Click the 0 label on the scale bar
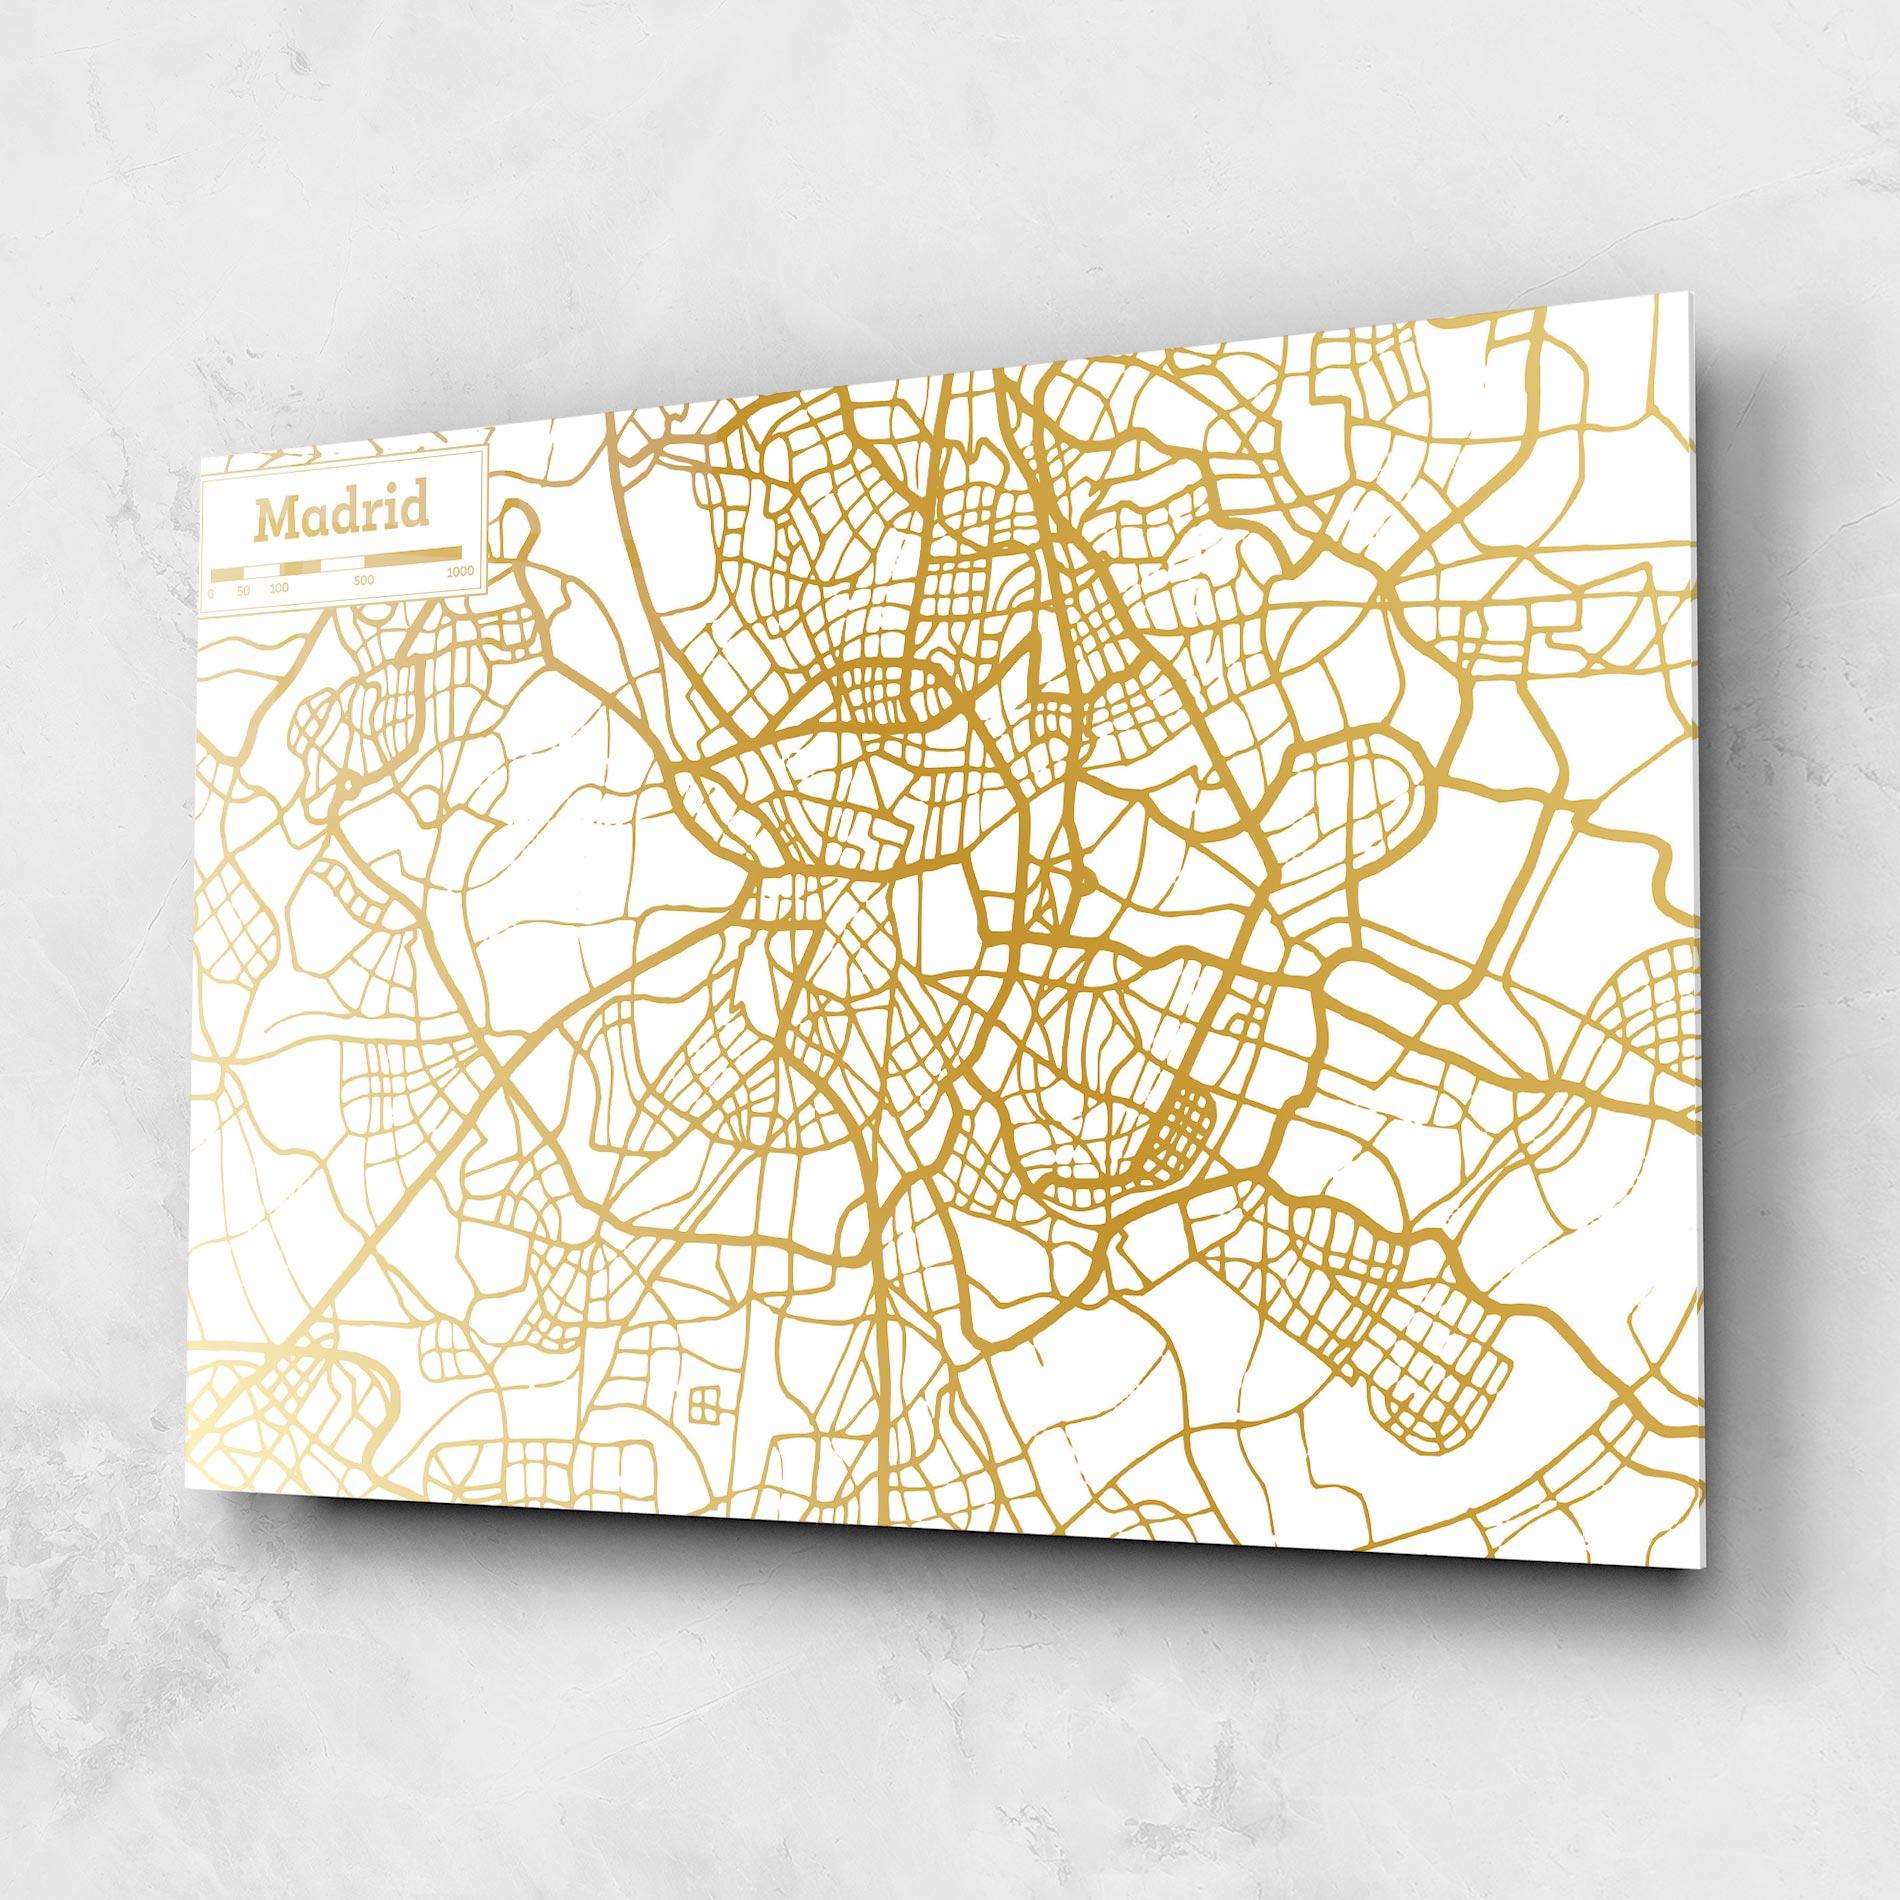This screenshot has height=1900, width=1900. [x=211, y=594]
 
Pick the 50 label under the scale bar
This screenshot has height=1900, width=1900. [x=243, y=590]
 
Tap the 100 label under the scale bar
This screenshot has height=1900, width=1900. [x=279, y=587]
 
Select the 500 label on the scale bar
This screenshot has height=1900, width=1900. [x=364, y=579]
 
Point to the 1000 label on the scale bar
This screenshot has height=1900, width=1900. [x=460, y=571]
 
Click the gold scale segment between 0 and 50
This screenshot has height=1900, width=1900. [x=227, y=574]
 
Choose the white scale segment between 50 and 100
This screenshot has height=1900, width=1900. [x=261, y=571]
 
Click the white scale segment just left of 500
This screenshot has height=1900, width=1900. [x=341, y=563]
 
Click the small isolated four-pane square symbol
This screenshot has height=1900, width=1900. [x=703, y=1401]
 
